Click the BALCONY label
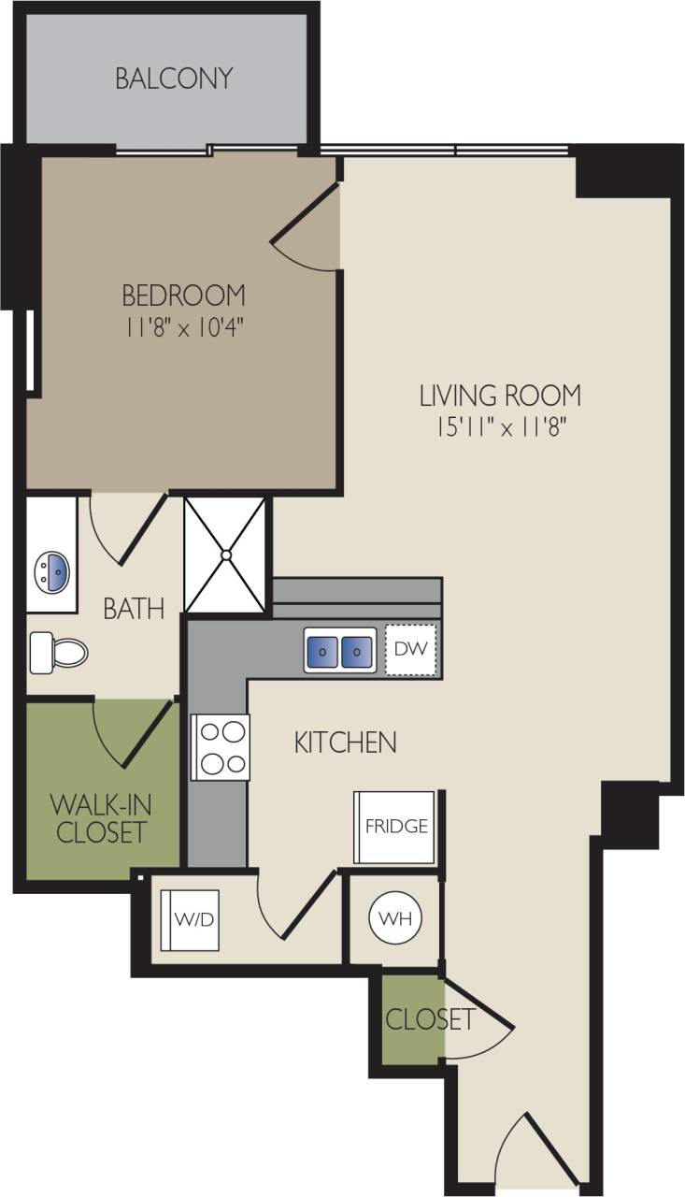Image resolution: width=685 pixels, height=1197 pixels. coord(174,79)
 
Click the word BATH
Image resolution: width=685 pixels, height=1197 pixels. coord(134,610)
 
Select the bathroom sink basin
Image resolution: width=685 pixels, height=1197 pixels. coord(50,568)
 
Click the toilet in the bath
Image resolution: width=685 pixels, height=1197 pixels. coord(58,652)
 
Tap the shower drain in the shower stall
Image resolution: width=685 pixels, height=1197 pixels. coord(225,555)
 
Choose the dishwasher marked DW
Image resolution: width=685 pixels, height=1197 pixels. coord(410,648)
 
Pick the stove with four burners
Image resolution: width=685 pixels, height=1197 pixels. coord(221,746)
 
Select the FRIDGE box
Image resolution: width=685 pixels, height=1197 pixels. coord(396,828)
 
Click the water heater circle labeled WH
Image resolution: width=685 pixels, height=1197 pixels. coord(394,917)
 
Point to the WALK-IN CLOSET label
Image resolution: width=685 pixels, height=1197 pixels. coord(101,818)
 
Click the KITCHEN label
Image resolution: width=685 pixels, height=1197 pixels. coord(345,743)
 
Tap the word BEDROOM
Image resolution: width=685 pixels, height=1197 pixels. coord(183,296)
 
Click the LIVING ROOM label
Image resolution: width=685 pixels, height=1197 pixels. coord(500,396)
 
